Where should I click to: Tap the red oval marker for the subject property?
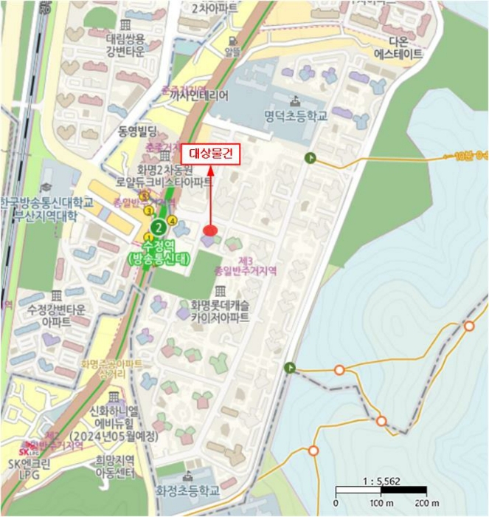click(210, 230)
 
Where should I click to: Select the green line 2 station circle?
click(157, 227)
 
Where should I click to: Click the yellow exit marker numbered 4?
click(172, 219)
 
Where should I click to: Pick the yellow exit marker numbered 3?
click(148, 210)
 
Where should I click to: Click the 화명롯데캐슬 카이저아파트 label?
click(220, 310)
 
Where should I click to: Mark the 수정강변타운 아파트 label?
click(56, 315)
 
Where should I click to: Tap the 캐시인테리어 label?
click(199, 95)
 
